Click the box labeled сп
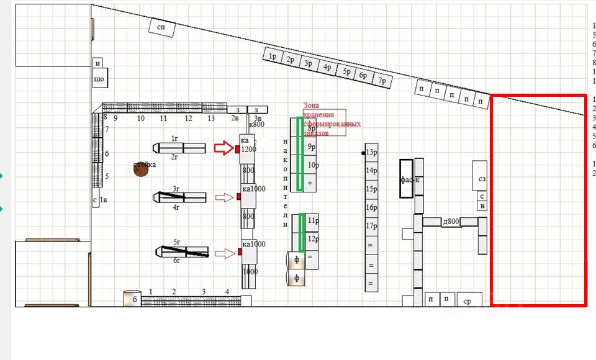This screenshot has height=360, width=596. [x=161, y=27]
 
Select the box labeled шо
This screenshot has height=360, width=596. [x=99, y=79]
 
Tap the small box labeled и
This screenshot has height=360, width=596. [x=98, y=63]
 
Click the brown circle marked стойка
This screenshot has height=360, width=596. [x=142, y=168]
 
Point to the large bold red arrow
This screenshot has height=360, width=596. [x=223, y=148]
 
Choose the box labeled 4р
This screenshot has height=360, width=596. [x=327, y=68]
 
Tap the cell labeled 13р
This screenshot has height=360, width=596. [x=372, y=152]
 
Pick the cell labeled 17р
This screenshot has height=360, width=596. [x=372, y=226]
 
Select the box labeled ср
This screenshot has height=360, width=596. [x=468, y=300]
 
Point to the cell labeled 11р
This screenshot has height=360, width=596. [x=313, y=221]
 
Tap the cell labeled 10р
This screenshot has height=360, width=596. [x=313, y=165]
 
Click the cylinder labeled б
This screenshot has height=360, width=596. [x=132, y=299]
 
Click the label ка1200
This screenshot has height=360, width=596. [x=248, y=145]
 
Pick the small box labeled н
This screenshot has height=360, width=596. [x=482, y=207]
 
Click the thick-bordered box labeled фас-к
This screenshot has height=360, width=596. [x=408, y=179]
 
